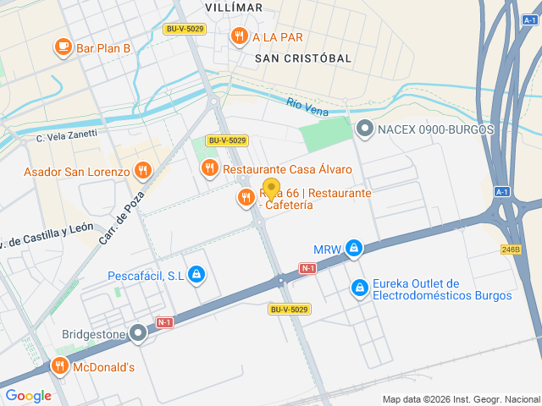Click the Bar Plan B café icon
[63, 47]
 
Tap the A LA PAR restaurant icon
[240, 36]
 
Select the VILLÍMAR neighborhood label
[234, 8]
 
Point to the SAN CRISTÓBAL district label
[302, 58]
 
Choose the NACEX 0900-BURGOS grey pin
[365, 129]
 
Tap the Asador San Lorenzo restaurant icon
[142, 172]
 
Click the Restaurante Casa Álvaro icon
[209, 169]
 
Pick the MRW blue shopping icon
[354, 249]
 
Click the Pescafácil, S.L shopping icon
[196, 275]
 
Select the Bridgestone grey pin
[139, 334]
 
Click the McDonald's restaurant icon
[60, 367]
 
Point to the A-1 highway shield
[502, 192]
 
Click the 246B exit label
[510, 250]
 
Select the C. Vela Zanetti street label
[66, 135]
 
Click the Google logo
[28, 395]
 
